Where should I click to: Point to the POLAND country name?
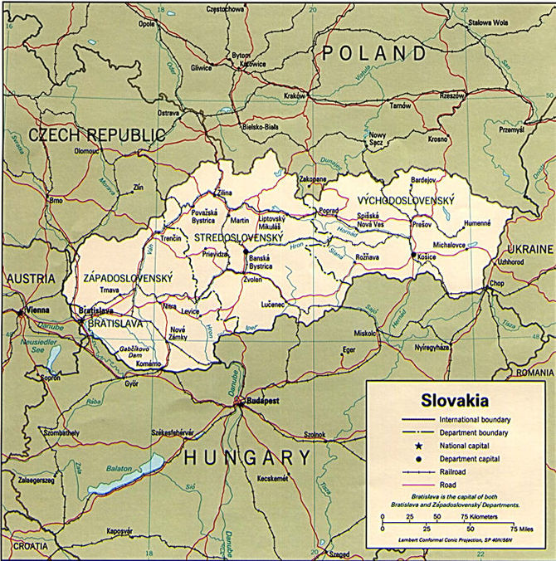pos(376,54)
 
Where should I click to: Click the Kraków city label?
pos(295,96)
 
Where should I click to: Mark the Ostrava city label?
pos(169,112)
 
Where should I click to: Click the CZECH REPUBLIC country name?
pos(98,135)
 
